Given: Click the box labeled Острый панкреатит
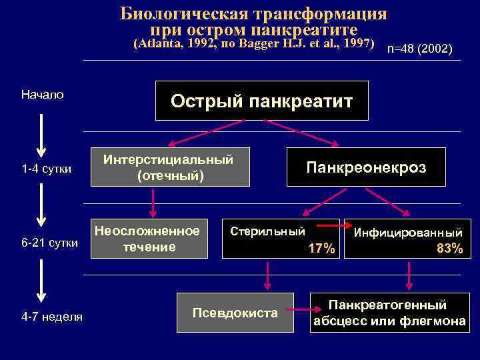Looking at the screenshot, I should [261, 101].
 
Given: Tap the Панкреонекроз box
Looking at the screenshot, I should [365, 167].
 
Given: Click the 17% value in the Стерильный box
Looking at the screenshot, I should [322, 249].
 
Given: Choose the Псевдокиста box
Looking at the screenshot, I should [235, 312].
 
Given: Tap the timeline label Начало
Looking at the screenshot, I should [43, 95].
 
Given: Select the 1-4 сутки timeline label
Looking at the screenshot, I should [47, 169].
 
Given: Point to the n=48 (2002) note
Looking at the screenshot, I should [420, 50].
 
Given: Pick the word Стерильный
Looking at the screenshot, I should [267, 231].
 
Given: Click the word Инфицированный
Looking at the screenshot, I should [408, 233].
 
